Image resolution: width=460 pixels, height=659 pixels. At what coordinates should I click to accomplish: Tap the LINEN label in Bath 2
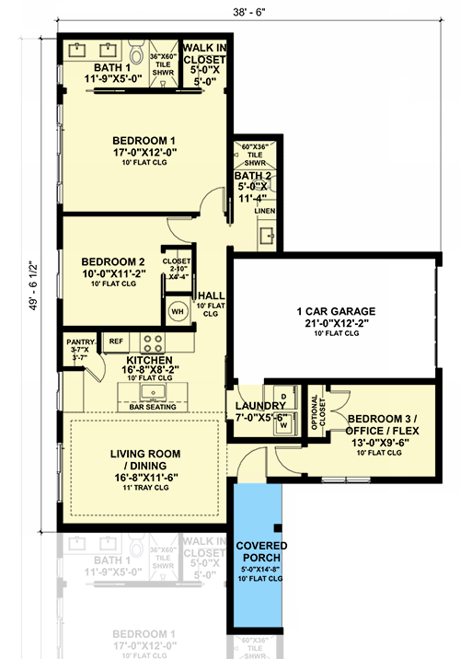click(266, 211)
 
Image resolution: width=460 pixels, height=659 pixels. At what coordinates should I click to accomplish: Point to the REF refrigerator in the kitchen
click(116, 341)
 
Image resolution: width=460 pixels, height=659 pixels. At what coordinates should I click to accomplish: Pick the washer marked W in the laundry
click(283, 424)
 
